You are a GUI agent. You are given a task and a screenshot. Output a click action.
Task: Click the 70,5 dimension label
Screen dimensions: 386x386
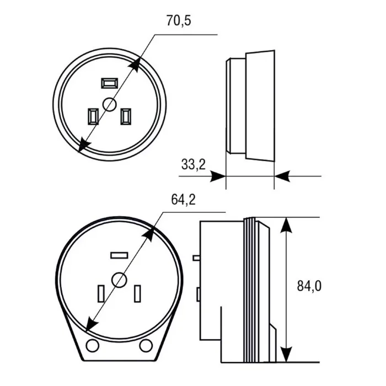pos(179,20)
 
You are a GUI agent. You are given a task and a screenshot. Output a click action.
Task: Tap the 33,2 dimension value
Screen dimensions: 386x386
pos(194,164)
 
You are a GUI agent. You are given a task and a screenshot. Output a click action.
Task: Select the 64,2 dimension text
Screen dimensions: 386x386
pos(184,200)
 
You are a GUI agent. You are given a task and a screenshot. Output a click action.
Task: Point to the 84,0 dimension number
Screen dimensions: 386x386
pos(309,286)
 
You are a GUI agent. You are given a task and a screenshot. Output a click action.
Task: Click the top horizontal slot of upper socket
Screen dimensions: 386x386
pos(110,83)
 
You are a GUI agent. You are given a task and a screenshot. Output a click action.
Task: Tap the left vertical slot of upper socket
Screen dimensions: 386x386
pos(93,116)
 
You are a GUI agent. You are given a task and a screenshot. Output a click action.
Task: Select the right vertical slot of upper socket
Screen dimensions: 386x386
pos(126,116)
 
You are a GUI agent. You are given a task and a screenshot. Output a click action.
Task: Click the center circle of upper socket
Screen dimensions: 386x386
pos(109,104)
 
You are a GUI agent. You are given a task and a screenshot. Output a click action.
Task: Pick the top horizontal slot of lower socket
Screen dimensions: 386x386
pos(119,255)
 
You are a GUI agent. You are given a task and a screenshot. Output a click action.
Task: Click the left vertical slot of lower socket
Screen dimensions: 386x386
pos(101,293)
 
